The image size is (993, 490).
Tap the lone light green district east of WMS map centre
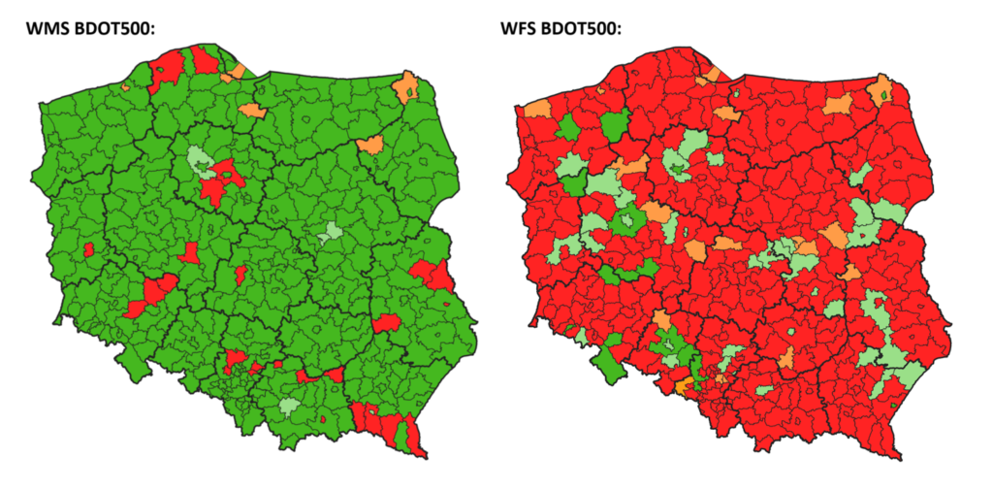(x=330, y=232)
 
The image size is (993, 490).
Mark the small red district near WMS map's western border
(x=89, y=250)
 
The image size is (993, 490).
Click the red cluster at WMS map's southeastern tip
(x=388, y=425)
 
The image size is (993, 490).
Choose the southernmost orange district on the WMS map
(x=369, y=146)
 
